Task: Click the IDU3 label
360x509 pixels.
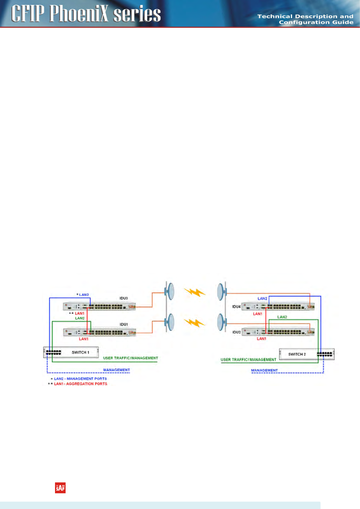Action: point(124,298)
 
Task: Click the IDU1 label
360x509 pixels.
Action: point(124,324)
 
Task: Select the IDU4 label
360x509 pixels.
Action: point(236,306)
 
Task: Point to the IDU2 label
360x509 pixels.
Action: point(236,332)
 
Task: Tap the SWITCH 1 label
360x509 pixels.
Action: point(80,352)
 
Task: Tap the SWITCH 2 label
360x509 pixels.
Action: point(297,354)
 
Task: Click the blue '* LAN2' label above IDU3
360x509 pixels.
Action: point(83,295)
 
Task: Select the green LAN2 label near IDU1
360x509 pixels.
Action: point(80,318)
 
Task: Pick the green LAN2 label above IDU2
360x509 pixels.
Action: point(282,317)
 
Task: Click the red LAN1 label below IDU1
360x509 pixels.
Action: point(84,339)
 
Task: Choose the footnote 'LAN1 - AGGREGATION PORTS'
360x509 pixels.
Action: point(80,384)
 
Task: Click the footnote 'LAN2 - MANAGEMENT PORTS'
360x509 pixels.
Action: point(80,379)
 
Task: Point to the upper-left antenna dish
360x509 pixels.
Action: point(170,291)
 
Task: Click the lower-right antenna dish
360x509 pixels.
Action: point(221,323)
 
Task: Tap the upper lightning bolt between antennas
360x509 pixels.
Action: point(195,292)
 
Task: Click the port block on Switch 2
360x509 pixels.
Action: point(325,354)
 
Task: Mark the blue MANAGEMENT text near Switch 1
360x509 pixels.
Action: point(116,370)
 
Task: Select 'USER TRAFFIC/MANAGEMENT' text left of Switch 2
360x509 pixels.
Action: point(248,360)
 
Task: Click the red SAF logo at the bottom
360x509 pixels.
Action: point(60,488)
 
